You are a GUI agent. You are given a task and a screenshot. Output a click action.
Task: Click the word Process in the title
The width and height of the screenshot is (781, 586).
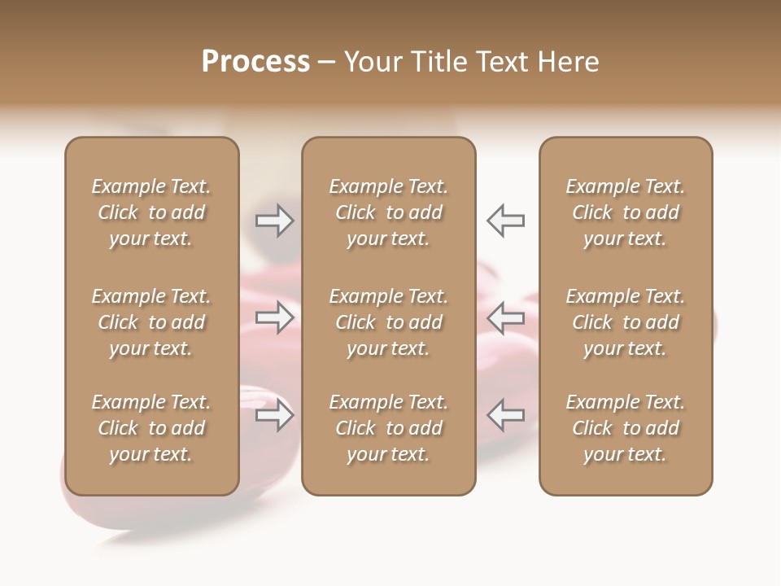255,62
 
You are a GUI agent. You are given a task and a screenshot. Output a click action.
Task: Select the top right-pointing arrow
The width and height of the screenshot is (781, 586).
275,221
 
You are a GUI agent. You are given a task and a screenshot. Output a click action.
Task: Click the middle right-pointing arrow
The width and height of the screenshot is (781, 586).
275,317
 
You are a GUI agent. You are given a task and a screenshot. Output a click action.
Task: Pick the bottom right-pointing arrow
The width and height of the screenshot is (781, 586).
275,415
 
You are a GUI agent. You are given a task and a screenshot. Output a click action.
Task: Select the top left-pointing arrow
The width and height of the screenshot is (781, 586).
505,221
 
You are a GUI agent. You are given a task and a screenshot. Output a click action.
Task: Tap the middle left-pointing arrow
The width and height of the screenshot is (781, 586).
505,317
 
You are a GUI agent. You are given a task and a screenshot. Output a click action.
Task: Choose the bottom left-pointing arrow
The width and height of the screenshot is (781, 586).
505,415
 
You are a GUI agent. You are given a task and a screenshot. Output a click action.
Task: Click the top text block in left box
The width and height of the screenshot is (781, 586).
151,212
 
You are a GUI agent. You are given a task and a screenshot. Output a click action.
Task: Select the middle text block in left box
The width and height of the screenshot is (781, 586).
151,322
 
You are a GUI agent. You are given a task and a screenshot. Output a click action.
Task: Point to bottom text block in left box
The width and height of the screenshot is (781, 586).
151,428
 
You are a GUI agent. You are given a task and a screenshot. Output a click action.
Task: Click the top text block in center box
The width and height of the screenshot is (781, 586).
389,212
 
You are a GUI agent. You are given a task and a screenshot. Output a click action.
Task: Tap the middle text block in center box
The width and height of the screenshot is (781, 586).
389,322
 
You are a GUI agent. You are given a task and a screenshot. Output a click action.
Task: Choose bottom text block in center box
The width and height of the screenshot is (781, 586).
389,428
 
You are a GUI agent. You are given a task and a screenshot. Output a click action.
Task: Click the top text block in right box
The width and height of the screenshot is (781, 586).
626,212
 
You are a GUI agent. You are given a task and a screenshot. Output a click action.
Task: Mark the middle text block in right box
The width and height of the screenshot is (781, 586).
626,322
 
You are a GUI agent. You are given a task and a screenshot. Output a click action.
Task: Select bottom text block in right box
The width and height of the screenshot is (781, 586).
626,428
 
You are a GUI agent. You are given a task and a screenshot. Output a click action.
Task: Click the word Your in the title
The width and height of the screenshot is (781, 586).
371,62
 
